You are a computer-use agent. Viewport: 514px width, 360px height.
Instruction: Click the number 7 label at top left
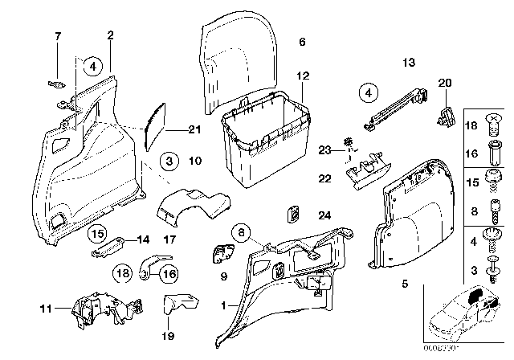(x=57, y=36)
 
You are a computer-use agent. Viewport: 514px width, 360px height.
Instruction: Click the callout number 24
(x=324, y=215)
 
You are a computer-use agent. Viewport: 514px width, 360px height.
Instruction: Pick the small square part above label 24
(x=295, y=214)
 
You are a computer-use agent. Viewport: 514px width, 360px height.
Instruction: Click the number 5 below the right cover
(x=404, y=284)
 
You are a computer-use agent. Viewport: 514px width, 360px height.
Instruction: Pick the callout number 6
(x=303, y=41)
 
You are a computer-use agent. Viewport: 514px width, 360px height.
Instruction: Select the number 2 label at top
(x=110, y=35)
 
